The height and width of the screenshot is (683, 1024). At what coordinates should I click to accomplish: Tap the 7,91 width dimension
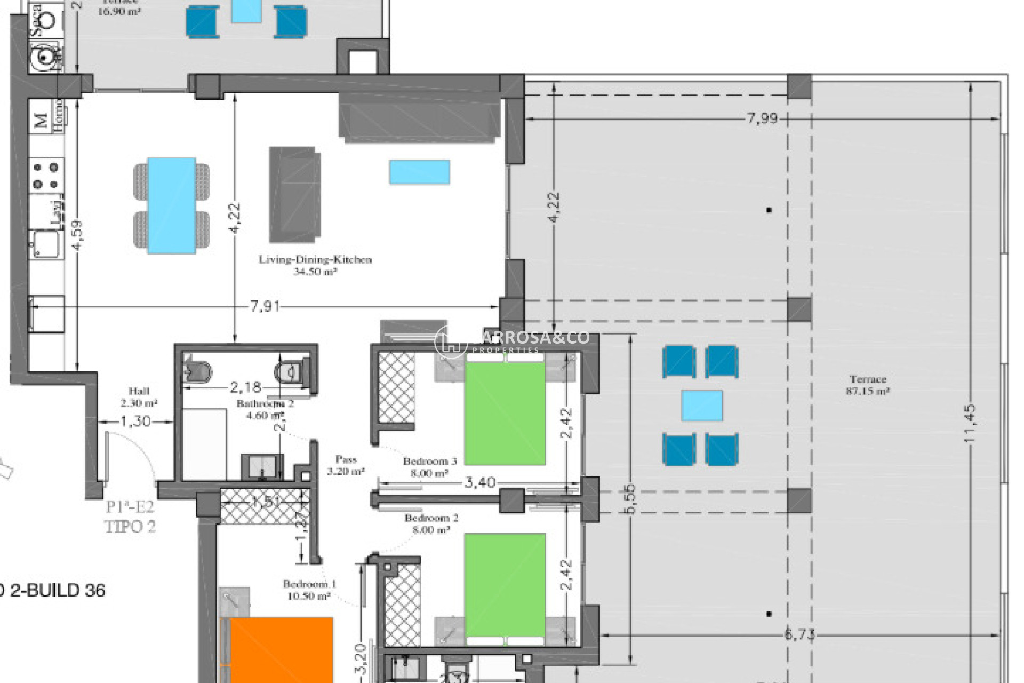tap(265, 307)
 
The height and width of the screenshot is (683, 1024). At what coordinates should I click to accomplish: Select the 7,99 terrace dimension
tap(762, 118)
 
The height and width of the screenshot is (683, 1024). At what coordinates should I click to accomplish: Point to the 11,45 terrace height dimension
tap(970, 423)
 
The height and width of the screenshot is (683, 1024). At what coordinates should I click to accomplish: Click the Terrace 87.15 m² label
tap(868, 385)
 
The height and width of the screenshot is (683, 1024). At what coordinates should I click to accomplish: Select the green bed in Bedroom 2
tap(505, 585)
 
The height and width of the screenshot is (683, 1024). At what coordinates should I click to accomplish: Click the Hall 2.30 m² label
tap(139, 397)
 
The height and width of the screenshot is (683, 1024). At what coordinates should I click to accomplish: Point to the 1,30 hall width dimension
tap(135, 422)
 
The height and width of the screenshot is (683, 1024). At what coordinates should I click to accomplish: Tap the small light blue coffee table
tap(419, 172)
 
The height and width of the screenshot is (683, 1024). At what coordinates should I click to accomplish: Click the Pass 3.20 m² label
tap(346, 465)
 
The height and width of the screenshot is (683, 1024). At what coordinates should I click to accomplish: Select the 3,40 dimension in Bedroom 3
tap(479, 483)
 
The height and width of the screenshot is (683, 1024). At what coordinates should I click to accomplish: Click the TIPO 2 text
tap(130, 527)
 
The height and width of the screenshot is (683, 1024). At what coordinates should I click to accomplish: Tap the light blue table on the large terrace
tap(702, 406)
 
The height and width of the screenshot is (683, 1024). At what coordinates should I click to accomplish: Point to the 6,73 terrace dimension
tap(799, 634)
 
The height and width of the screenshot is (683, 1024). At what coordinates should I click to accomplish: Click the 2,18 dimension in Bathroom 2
tap(245, 386)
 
